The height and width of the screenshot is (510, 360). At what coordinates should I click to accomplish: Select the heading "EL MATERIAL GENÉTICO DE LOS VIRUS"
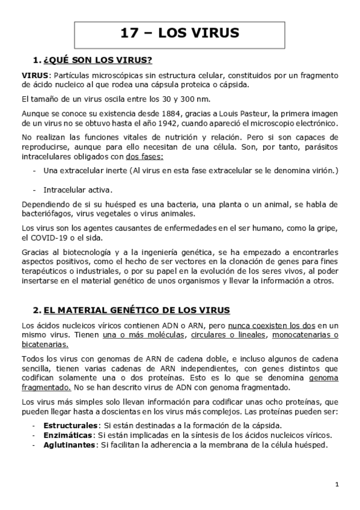click(x=136, y=310)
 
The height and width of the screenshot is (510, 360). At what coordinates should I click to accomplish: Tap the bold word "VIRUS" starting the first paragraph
click(x=34, y=75)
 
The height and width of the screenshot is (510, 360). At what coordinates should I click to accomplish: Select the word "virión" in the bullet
click(x=322, y=171)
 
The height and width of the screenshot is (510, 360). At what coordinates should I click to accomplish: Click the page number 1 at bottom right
click(x=337, y=485)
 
